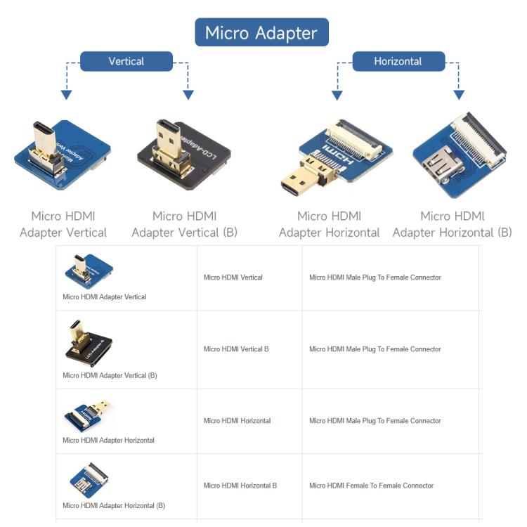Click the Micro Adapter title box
[261, 32]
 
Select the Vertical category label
[126, 61]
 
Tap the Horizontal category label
[398, 61]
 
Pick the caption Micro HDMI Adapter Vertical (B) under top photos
[185, 224]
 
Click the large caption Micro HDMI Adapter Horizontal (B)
[453, 224]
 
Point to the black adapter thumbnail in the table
[89, 344]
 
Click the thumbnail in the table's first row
[89, 271]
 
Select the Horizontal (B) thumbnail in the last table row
[89, 481]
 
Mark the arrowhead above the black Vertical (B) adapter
[188, 95]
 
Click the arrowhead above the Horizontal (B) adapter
[459, 95]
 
